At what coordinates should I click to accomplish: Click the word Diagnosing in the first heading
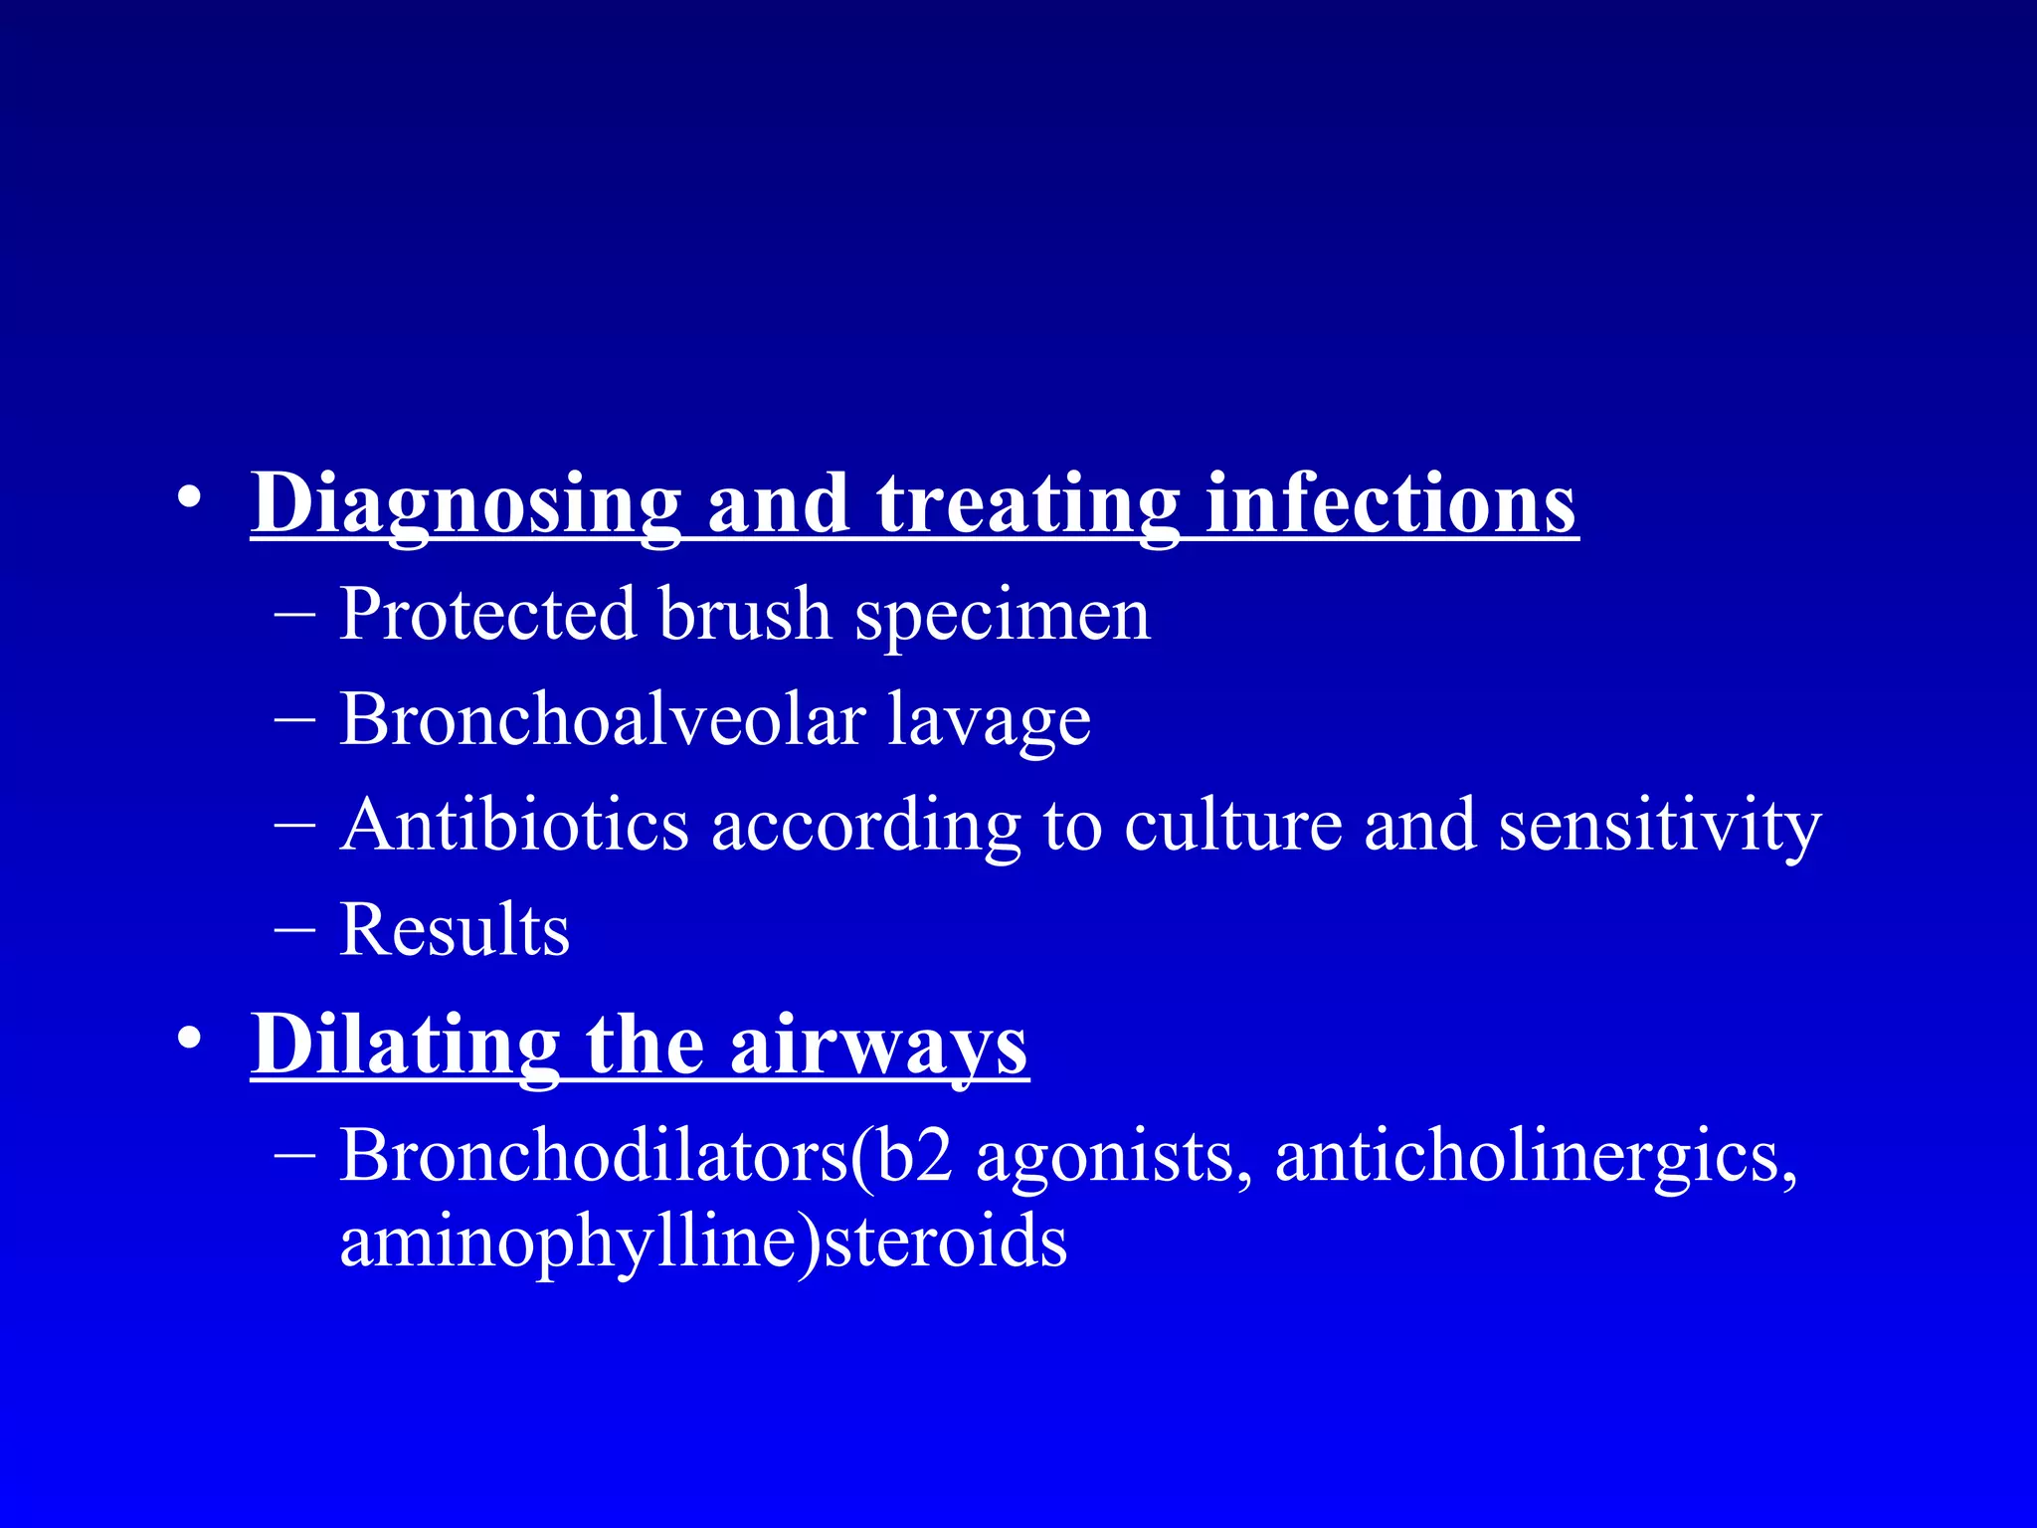click(465, 503)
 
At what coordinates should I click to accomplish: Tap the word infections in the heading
click(1390, 503)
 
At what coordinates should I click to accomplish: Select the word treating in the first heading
click(1027, 503)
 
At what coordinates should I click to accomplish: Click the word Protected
click(486, 614)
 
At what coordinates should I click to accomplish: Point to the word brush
click(744, 614)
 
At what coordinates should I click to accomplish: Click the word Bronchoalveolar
click(603, 719)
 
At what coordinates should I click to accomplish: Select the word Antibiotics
click(513, 825)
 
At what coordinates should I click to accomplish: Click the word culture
click(1233, 825)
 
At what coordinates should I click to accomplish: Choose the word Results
click(455, 930)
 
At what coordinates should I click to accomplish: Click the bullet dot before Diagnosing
click(190, 497)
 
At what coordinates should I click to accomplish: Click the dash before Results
click(294, 930)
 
